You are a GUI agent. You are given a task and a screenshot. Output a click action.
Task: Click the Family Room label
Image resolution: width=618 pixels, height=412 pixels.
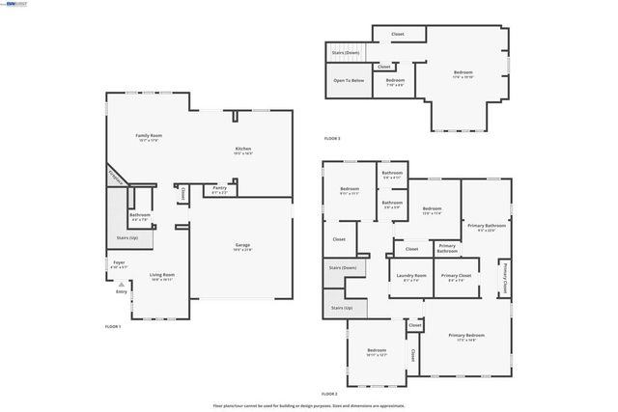point(147,136)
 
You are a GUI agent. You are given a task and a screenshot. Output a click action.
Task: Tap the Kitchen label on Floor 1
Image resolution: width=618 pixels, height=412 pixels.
point(243,149)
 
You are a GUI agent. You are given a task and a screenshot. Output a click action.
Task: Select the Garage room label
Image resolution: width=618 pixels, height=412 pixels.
point(242,246)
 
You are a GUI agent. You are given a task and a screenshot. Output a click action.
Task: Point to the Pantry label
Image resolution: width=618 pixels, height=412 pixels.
point(220,190)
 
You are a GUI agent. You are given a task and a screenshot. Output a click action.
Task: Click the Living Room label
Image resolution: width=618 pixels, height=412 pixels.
point(161,276)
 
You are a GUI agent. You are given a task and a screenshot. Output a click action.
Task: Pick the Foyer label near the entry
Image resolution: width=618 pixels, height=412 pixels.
point(119,262)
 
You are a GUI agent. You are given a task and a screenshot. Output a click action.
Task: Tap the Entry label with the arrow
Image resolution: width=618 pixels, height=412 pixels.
point(122,291)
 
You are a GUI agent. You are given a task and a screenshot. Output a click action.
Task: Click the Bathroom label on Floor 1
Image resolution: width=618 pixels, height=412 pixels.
point(140,215)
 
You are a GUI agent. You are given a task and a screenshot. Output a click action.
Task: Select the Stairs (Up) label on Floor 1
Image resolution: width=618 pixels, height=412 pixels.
point(127,236)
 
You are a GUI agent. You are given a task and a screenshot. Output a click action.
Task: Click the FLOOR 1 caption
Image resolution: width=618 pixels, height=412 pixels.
point(113,327)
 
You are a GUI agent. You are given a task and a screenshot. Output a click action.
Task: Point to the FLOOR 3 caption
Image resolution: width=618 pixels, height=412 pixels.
point(332,139)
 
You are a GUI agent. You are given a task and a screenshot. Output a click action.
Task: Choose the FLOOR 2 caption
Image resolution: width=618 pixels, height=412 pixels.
point(329,394)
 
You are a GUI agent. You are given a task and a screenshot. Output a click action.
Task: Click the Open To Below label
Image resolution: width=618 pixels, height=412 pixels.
point(349,80)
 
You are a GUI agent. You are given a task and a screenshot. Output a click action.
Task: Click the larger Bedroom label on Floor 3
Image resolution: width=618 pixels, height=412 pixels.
point(463,72)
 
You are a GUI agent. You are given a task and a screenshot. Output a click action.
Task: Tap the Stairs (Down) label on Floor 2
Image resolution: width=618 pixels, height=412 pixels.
point(343,267)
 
